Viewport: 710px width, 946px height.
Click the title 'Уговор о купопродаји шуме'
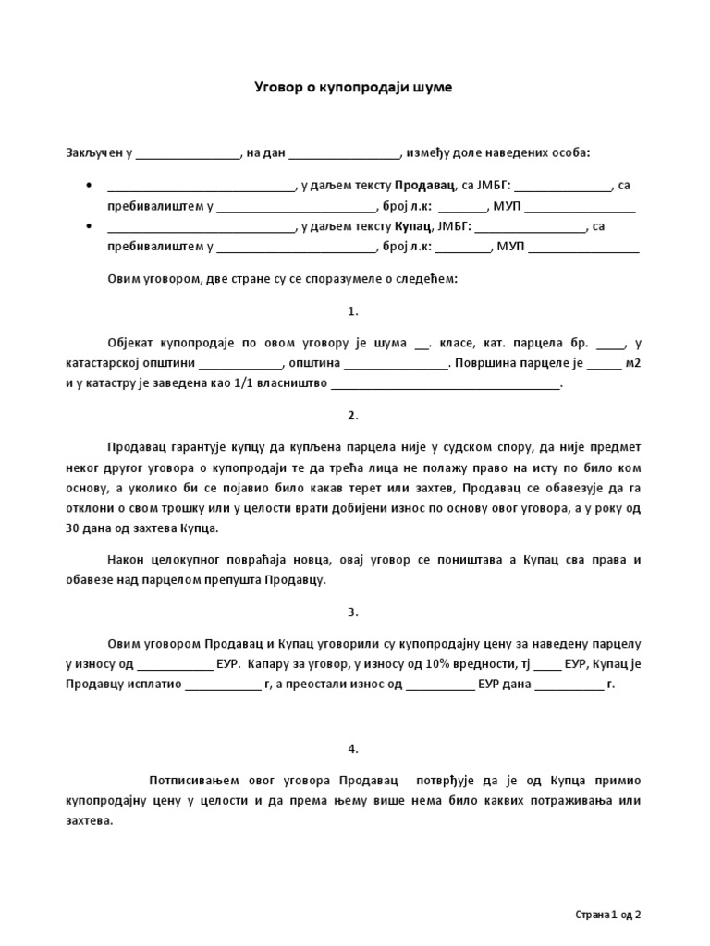pyautogui.click(x=354, y=88)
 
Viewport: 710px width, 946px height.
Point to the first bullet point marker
pyautogui.click(x=88, y=186)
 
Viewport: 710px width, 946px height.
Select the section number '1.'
pyautogui.click(x=353, y=310)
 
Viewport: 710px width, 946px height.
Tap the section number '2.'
pyautogui.click(x=353, y=415)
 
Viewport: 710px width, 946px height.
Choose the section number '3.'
pyautogui.click(x=353, y=612)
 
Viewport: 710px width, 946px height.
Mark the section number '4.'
pyautogui.click(x=353, y=748)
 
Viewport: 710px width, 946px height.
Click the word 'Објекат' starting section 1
pyautogui.click(x=132, y=343)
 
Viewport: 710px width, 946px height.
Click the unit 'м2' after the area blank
pyautogui.click(x=633, y=363)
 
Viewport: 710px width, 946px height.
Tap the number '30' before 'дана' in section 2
pyautogui.click(x=73, y=528)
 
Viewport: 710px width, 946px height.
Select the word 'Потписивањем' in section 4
pyautogui.click(x=191, y=781)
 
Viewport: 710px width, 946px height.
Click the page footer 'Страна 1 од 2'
pyautogui.click(x=607, y=915)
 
